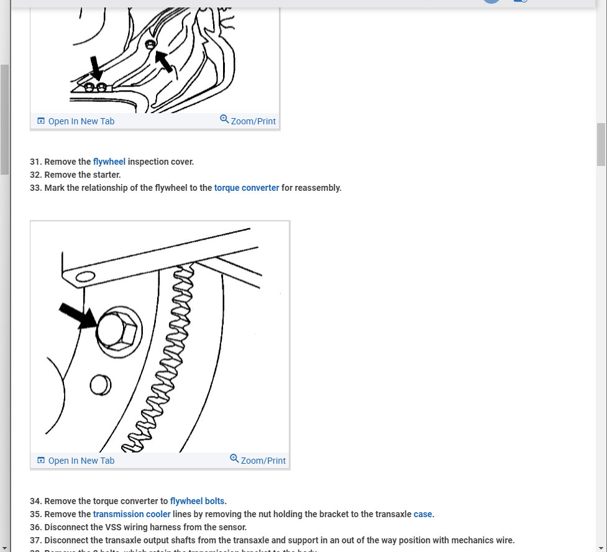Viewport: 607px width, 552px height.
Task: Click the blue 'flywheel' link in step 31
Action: [x=109, y=162]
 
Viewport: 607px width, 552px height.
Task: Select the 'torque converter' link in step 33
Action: [x=247, y=188]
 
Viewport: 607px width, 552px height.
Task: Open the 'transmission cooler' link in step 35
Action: [x=132, y=514]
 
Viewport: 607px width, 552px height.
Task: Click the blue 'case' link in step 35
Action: [x=422, y=514]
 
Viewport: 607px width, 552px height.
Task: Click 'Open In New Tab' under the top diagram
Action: [x=76, y=121]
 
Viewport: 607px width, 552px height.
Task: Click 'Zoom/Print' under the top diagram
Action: [x=248, y=121]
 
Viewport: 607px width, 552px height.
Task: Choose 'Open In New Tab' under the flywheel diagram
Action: [x=76, y=461]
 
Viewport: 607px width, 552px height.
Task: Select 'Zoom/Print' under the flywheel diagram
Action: [x=258, y=461]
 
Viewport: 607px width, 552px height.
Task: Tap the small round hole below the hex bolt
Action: [x=99, y=385]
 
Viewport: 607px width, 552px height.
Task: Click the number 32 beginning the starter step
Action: [x=35, y=175]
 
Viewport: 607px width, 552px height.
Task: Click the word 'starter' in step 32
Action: [x=106, y=175]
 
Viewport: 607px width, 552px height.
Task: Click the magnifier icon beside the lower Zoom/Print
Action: [x=234, y=459]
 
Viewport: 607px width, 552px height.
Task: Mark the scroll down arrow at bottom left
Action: [x=5, y=548]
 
